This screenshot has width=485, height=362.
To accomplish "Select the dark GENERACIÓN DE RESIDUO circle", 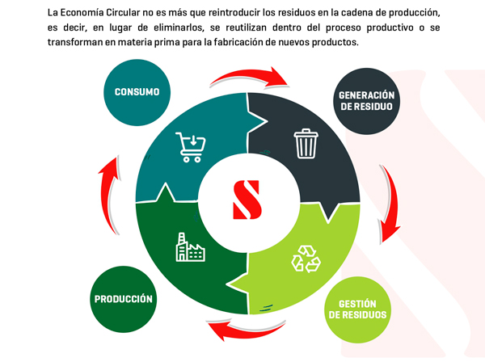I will [366, 101].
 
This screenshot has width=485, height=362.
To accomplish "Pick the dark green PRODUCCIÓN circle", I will [123, 298].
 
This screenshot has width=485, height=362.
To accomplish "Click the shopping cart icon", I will [191, 147].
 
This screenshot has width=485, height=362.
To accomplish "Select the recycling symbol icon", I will [305, 259].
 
